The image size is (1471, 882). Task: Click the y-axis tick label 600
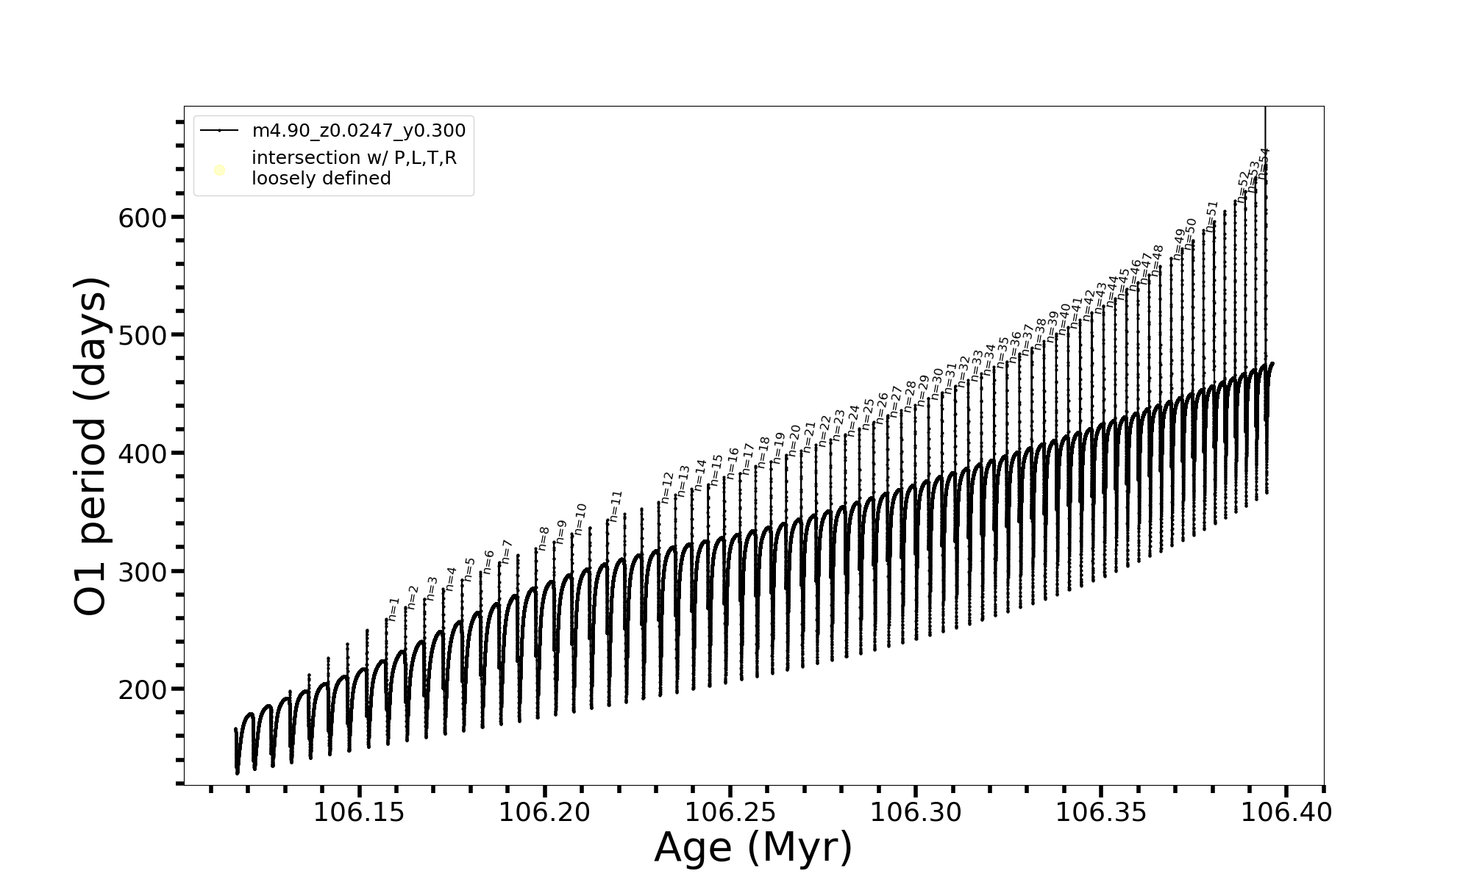[142, 218]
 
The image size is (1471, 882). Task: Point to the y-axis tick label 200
[142, 690]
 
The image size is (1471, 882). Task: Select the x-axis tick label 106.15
[359, 813]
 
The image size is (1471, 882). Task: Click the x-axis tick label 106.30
[916, 813]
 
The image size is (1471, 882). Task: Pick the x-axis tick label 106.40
[1286, 813]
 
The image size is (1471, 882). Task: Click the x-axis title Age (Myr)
[753, 847]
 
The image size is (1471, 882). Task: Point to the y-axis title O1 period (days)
[91, 446]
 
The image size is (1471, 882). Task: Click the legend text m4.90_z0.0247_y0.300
[359, 131]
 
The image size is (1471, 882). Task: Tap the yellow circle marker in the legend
[219, 171]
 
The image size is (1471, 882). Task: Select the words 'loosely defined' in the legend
[321, 179]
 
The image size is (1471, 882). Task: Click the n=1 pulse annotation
[393, 609]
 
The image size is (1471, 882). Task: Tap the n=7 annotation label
[506, 552]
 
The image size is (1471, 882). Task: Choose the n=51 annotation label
[1212, 216]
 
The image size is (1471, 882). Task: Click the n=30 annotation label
[936, 383]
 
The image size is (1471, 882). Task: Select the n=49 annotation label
[1179, 244]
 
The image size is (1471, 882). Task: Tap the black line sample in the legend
[219, 131]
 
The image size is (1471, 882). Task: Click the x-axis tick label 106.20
[544, 813]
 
